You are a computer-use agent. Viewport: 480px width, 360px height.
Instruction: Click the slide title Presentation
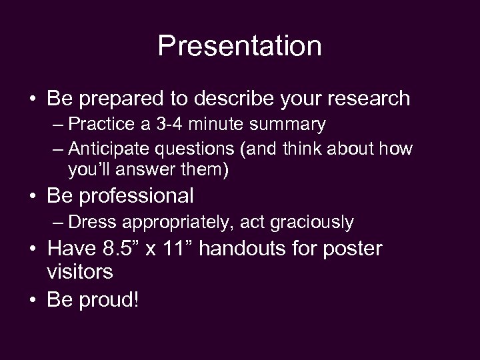pos(240,46)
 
